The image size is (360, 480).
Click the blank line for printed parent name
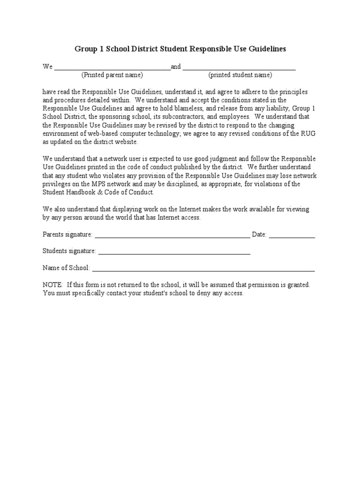coord(112,68)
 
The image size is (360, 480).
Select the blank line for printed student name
coord(239,68)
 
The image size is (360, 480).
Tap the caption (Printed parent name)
coord(112,75)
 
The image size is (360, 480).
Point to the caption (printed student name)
coord(240,75)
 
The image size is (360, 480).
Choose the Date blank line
coord(292,236)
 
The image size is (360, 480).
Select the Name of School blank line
coord(203,270)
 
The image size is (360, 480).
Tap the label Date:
coord(259,234)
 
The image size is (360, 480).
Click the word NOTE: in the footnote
coord(52,285)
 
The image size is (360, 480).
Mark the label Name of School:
coord(66,268)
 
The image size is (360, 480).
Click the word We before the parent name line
coord(47,67)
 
